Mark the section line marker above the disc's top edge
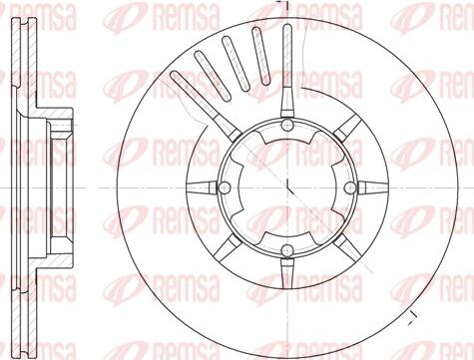point(282,8)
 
